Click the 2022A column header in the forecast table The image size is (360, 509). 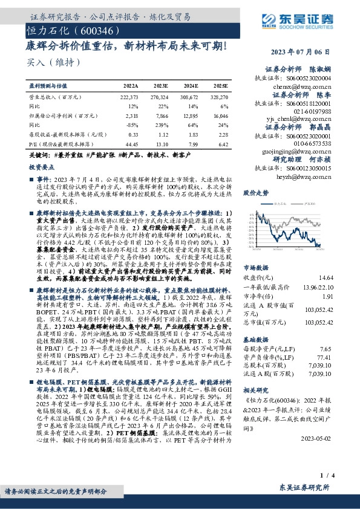(131, 86)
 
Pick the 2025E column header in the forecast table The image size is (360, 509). (220, 86)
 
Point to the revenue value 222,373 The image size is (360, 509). (129, 97)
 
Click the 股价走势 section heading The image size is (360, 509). (255, 193)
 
